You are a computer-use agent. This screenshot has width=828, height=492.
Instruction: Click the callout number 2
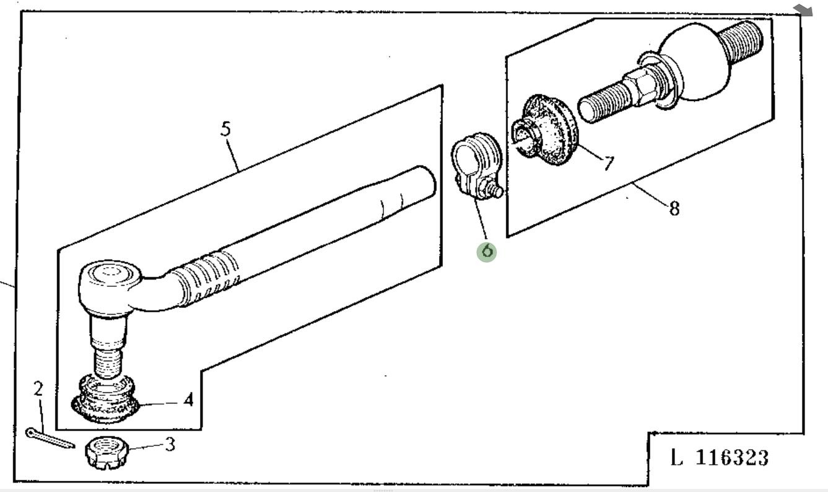[x=38, y=389]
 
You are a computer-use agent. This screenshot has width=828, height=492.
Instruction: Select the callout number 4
[x=188, y=400]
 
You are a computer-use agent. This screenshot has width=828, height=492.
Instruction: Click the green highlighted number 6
[x=487, y=251]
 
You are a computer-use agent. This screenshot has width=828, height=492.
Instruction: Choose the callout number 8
[x=674, y=208]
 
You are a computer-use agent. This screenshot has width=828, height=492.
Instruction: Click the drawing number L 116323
[x=720, y=459]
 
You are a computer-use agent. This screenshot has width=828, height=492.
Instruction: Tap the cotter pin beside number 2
[x=50, y=437]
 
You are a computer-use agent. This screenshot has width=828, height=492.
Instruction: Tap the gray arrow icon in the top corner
[x=803, y=9]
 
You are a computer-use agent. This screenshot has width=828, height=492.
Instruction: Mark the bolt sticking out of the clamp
[x=495, y=188]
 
